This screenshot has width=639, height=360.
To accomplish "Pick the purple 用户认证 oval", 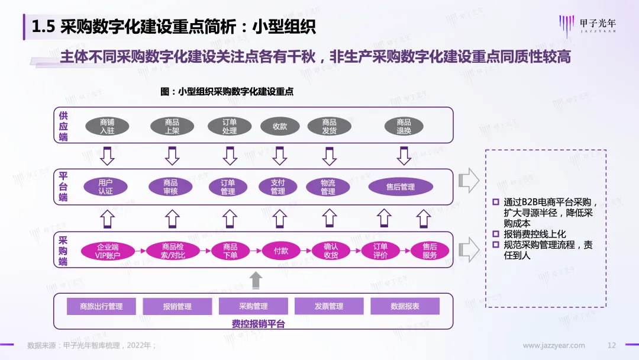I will pyautogui.click(x=105, y=187).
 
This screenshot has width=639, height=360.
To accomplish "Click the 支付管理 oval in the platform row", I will pyautogui.click(x=277, y=187).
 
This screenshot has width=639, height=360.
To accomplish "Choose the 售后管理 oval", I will pyautogui.click(x=401, y=187).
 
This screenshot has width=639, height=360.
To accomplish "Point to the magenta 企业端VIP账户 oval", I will pyautogui.click(x=108, y=251).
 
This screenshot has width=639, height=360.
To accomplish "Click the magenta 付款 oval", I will pyautogui.click(x=281, y=251).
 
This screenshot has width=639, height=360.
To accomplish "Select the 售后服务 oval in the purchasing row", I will pyautogui.click(x=430, y=251).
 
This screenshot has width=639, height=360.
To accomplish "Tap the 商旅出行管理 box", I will pyautogui.click(x=102, y=306).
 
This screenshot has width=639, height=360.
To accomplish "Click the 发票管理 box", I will pyautogui.click(x=329, y=306).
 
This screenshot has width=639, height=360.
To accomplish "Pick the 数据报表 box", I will pyautogui.click(x=405, y=306).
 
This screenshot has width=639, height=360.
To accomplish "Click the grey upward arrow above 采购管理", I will pyautogui.click(x=256, y=281).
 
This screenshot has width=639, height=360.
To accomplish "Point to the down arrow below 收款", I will pyautogui.click(x=280, y=156).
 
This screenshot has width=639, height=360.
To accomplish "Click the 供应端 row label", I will pyautogui.click(x=63, y=126).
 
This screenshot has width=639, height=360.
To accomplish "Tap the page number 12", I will pyautogui.click(x=612, y=345).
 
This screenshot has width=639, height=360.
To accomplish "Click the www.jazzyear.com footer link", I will pyautogui.click(x=554, y=345).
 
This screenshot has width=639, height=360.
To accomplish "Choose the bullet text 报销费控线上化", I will pyautogui.click(x=535, y=234).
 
